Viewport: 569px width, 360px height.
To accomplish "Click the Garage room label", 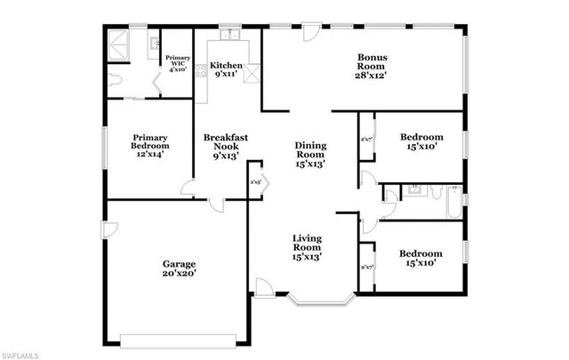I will coord(179,268).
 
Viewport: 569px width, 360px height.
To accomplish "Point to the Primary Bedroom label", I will coord(150,146).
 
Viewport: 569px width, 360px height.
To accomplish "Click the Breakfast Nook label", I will coord(225,146).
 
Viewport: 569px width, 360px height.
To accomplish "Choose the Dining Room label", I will coord(310,154).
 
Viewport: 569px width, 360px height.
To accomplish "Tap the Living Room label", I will coord(307,247).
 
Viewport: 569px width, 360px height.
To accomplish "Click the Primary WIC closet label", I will coord(177,63).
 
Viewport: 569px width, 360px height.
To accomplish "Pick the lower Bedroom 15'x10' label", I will coord(421,258).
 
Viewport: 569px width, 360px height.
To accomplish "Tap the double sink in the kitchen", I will coord(228,38).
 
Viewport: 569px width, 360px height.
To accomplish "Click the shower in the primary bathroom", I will coord(118,44).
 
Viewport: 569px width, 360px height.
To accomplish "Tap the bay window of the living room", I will coord(322,300).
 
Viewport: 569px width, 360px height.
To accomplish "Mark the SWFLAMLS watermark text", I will coord(20,354).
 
